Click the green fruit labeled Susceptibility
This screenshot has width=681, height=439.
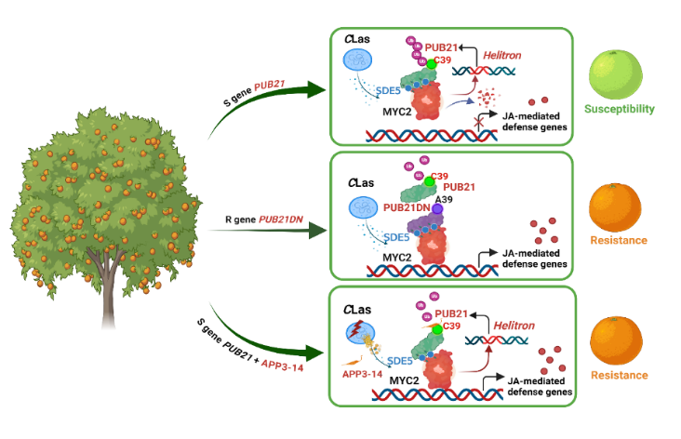[x=614, y=73]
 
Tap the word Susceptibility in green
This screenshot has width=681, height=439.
[x=620, y=109]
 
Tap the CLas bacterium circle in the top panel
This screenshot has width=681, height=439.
[x=358, y=61]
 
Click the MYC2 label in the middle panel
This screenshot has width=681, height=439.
[x=397, y=256]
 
